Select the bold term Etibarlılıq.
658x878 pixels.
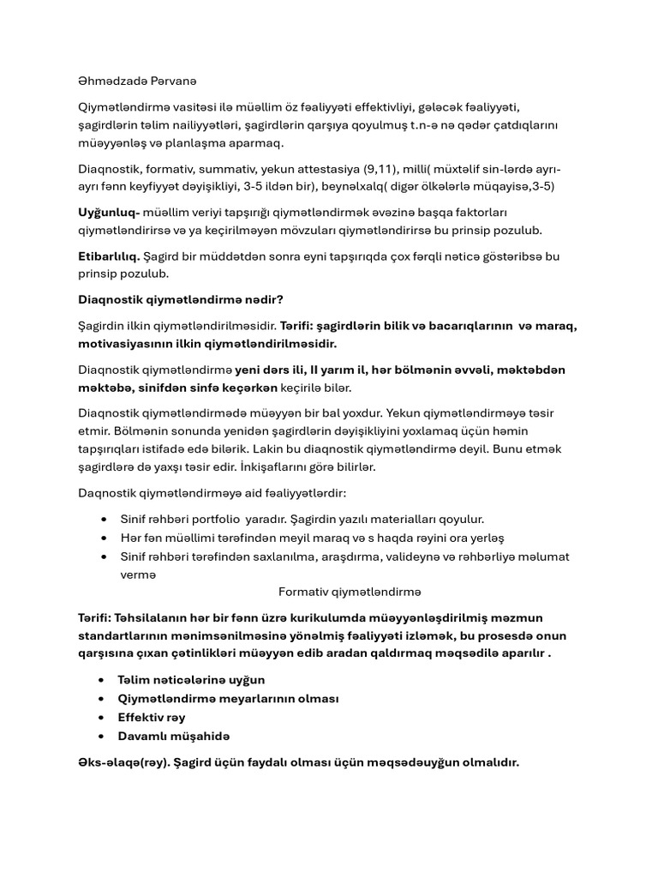tap(107, 256)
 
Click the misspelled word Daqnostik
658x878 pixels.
tap(105, 493)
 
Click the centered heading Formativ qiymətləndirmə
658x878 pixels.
tap(350, 592)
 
